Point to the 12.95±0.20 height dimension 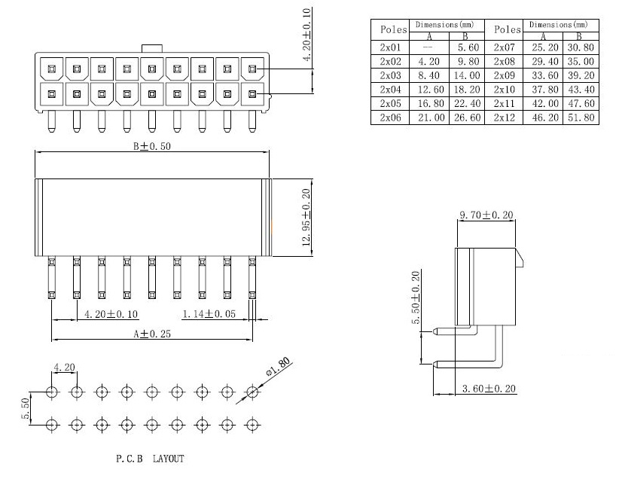[306, 217]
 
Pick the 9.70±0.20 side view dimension [486, 215]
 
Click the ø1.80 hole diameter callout [278, 369]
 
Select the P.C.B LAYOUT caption [150, 458]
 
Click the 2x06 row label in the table [391, 118]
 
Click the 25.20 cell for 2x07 [543, 47]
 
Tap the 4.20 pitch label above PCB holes [63, 368]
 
